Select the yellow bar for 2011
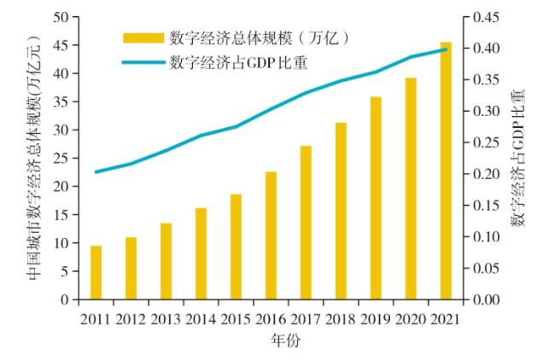(96, 273)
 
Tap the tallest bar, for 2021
(446, 171)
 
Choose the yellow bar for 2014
(201, 254)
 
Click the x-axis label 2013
(166, 320)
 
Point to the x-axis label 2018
(341, 320)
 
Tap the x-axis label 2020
(411, 320)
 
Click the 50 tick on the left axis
(61, 17)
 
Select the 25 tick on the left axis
(61, 159)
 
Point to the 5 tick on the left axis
(65, 272)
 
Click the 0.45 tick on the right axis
(482, 17)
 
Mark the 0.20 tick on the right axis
(482, 174)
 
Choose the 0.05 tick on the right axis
(482, 269)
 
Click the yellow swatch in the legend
(142, 38)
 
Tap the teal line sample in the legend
(142, 61)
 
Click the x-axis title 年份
(271, 340)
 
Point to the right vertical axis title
(517, 158)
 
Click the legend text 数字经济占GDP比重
(238, 61)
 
